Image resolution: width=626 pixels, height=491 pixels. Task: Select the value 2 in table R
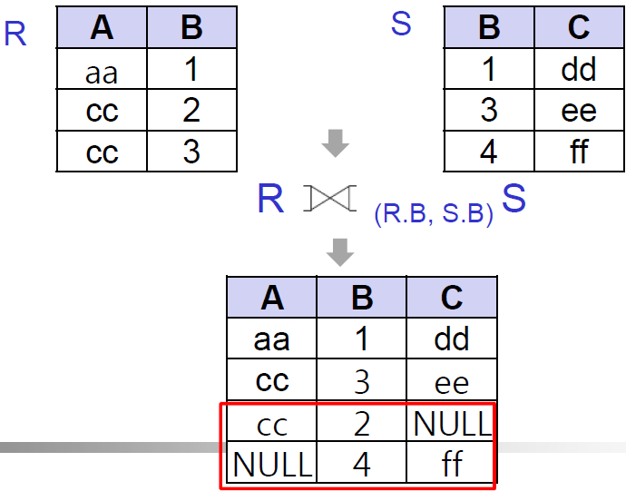(191, 111)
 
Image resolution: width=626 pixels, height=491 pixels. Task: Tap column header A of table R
(102, 28)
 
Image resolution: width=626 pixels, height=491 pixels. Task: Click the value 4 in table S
(488, 151)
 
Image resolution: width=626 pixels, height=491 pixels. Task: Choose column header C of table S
(578, 28)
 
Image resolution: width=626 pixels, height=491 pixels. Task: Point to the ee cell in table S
(578, 111)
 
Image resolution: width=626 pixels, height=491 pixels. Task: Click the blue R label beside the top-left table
(15, 34)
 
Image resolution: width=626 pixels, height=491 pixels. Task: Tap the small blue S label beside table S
(401, 25)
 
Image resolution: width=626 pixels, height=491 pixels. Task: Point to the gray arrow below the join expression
(339, 251)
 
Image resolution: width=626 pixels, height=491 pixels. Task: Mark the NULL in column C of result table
(451, 423)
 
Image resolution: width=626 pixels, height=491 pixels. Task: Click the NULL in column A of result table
(272, 464)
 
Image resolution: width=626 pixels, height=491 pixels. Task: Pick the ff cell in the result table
(451, 464)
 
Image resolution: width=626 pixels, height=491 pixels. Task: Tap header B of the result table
(361, 298)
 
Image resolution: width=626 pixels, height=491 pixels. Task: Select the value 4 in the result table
(361, 464)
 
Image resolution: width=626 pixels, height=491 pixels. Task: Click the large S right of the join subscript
(514, 198)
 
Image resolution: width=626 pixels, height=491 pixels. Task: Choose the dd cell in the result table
(451, 339)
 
